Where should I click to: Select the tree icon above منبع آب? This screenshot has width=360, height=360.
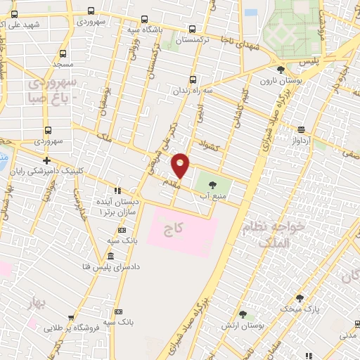pyautogui.click(x=212, y=186)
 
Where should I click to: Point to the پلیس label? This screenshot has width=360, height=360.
pyautogui.click(x=307, y=63)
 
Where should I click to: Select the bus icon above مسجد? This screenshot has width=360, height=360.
pyautogui.click(x=63, y=53)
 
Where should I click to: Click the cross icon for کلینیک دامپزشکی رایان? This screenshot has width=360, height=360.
pyautogui.click(x=46, y=160)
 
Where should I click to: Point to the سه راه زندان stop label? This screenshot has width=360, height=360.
pyautogui.click(x=193, y=91)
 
